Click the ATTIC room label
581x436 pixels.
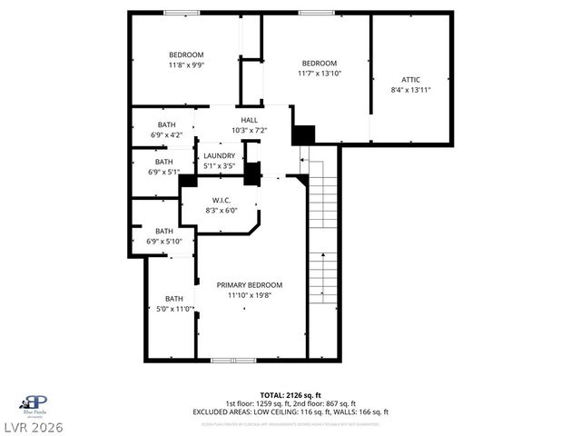coord(410,79)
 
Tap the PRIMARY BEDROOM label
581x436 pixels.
coord(249,284)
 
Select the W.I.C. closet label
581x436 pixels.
coord(222,200)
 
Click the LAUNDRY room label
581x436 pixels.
coord(219,155)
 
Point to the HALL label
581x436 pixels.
coord(249,120)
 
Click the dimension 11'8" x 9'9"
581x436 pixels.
coord(186,64)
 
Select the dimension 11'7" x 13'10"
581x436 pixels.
coord(319,74)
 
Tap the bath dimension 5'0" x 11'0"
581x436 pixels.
coord(173,309)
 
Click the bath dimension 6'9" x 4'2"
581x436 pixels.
coord(166,135)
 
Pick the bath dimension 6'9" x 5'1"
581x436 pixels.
coord(164,172)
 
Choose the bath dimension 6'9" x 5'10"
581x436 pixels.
coord(164,241)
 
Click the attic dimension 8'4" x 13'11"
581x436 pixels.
coord(410,90)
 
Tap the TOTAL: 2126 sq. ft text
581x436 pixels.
coord(290,395)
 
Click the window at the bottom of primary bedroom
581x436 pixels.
coord(233,361)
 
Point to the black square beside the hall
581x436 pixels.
coord(303,134)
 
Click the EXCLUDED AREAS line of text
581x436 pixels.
coord(290,411)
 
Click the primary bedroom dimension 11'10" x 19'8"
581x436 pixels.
coord(249,294)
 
